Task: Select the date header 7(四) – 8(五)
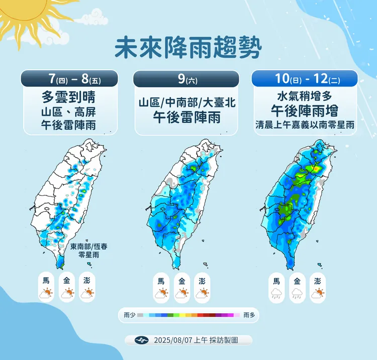pos(69,78)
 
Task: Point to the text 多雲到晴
pos(69,96)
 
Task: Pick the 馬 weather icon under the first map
pos(46,287)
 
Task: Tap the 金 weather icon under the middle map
pos(181,288)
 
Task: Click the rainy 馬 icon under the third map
pos(276,288)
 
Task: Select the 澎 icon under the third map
pos(317,288)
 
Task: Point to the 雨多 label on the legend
pos(248,315)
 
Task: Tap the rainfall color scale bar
pos(189,315)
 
